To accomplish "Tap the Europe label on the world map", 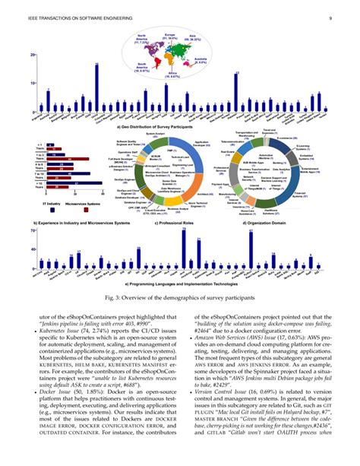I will (170, 38).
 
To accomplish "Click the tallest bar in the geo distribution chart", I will (96, 88).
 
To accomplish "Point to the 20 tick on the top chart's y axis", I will (33, 56).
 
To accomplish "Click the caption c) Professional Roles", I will (180, 223).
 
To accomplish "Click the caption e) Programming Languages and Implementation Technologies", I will (179, 281).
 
